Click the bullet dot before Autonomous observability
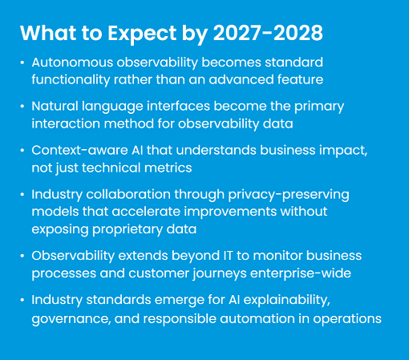(x=22, y=63)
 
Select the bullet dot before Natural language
(x=22, y=107)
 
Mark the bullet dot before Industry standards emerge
(x=22, y=299)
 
